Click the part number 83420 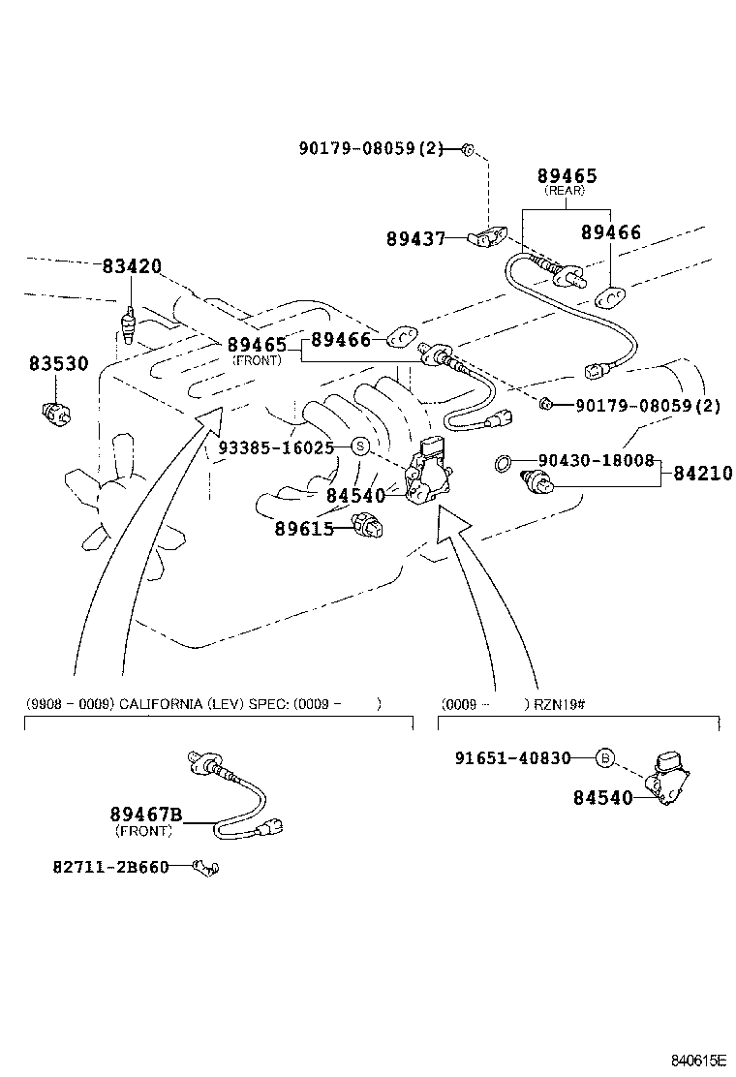[132, 266]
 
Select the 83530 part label [58, 364]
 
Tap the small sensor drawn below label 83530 [57, 413]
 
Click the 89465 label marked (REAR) [567, 176]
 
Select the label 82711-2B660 [109, 867]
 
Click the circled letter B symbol [603, 758]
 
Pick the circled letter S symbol [359, 446]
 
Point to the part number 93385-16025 [276, 447]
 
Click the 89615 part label [303, 528]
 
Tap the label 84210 [703, 474]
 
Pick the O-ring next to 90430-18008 [501, 463]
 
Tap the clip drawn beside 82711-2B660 [205, 867]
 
